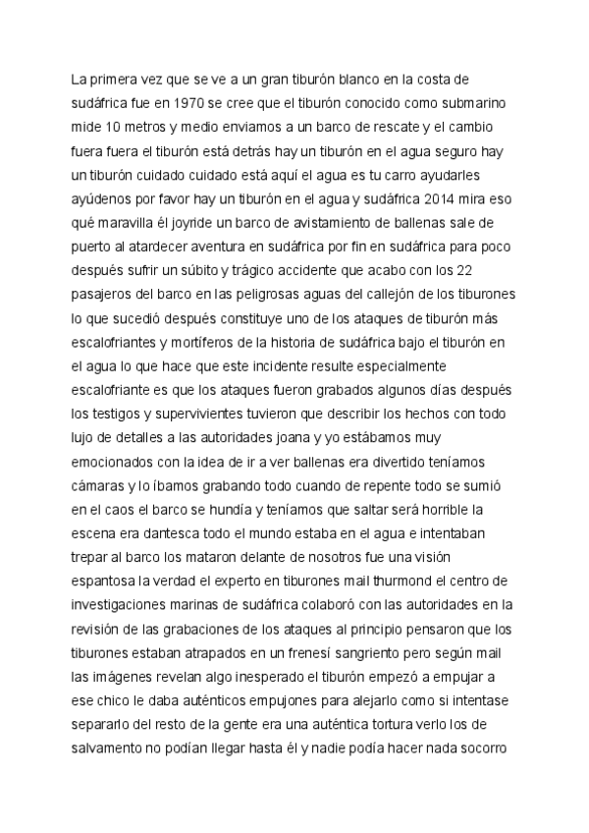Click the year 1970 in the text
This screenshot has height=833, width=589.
(x=187, y=101)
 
